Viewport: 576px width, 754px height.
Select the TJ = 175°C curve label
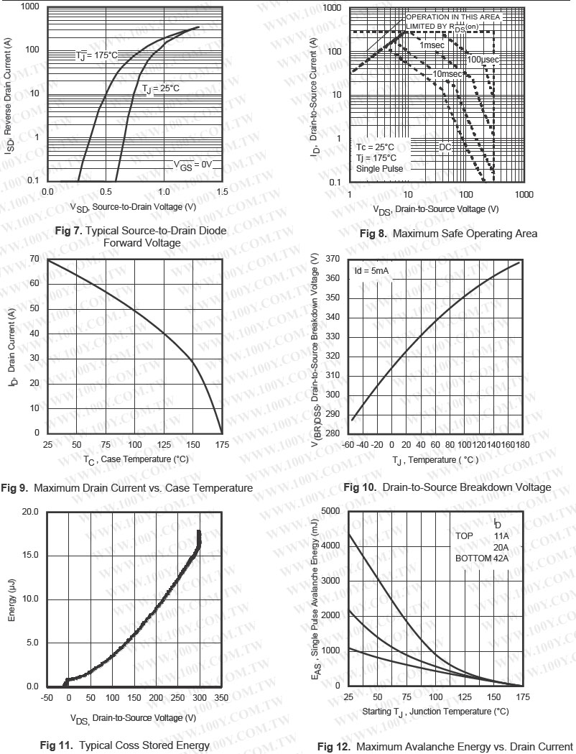coord(96,55)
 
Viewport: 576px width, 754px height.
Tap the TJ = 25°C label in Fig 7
coord(160,88)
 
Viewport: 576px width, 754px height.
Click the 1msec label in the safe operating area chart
coord(432,45)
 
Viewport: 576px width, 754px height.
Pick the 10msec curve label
coord(447,74)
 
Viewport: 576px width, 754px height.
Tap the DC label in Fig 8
coord(445,147)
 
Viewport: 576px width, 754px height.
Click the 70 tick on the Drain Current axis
coord(34,258)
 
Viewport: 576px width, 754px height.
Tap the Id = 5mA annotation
coord(371,271)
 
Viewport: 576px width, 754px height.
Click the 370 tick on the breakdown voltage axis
coord(331,259)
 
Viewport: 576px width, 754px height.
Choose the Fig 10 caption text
coord(447,487)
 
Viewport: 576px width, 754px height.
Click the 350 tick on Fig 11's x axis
coord(221,698)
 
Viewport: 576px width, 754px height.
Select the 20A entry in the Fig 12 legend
coord(501,547)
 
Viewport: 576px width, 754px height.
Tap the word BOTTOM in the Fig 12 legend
coord(473,558)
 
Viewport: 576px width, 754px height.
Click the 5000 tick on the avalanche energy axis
coord(330,511)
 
